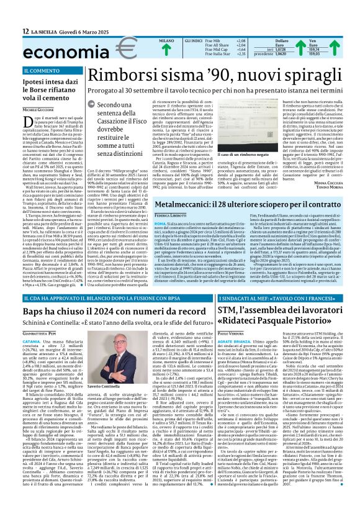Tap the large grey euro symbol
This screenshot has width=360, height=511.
click(107, 47)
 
